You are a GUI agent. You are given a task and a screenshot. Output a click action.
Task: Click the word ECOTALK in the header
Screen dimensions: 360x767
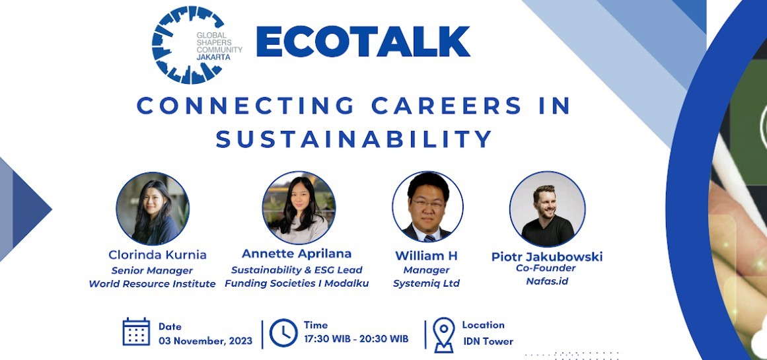click(363, 42)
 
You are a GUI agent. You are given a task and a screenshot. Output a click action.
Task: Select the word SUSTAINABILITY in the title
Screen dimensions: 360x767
click(354, 139)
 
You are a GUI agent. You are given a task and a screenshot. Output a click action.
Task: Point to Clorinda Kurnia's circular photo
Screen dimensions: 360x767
click(153, 209)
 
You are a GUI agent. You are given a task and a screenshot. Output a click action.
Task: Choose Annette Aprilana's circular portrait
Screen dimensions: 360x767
click(299, 207)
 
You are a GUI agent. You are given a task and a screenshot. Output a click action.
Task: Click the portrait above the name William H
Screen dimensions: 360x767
click(427, 207)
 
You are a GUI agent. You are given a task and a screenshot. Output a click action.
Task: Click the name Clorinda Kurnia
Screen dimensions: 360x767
click(157, 254)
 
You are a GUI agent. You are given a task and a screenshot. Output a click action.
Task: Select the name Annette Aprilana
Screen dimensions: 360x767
click(297, 254)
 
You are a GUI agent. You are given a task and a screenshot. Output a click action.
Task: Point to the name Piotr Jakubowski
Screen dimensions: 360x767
click(547, 256)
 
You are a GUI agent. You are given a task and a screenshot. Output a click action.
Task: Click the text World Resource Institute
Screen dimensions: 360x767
click(153, 284)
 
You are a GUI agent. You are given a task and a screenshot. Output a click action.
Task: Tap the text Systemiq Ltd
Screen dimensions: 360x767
click(426, 283)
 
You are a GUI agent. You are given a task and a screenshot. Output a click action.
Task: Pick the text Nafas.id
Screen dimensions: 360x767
click(547, 281)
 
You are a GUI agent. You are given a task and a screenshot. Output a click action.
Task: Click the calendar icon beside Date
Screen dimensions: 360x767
click(136, 332)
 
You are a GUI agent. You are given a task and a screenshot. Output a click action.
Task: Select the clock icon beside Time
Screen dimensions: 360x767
click(283, 332)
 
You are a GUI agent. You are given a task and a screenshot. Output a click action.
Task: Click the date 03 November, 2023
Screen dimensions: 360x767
click(205, 341)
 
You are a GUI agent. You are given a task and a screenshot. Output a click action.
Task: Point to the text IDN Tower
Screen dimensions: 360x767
click(488, 342)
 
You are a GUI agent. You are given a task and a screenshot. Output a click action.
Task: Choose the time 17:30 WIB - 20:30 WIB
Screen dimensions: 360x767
click(356, 339)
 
